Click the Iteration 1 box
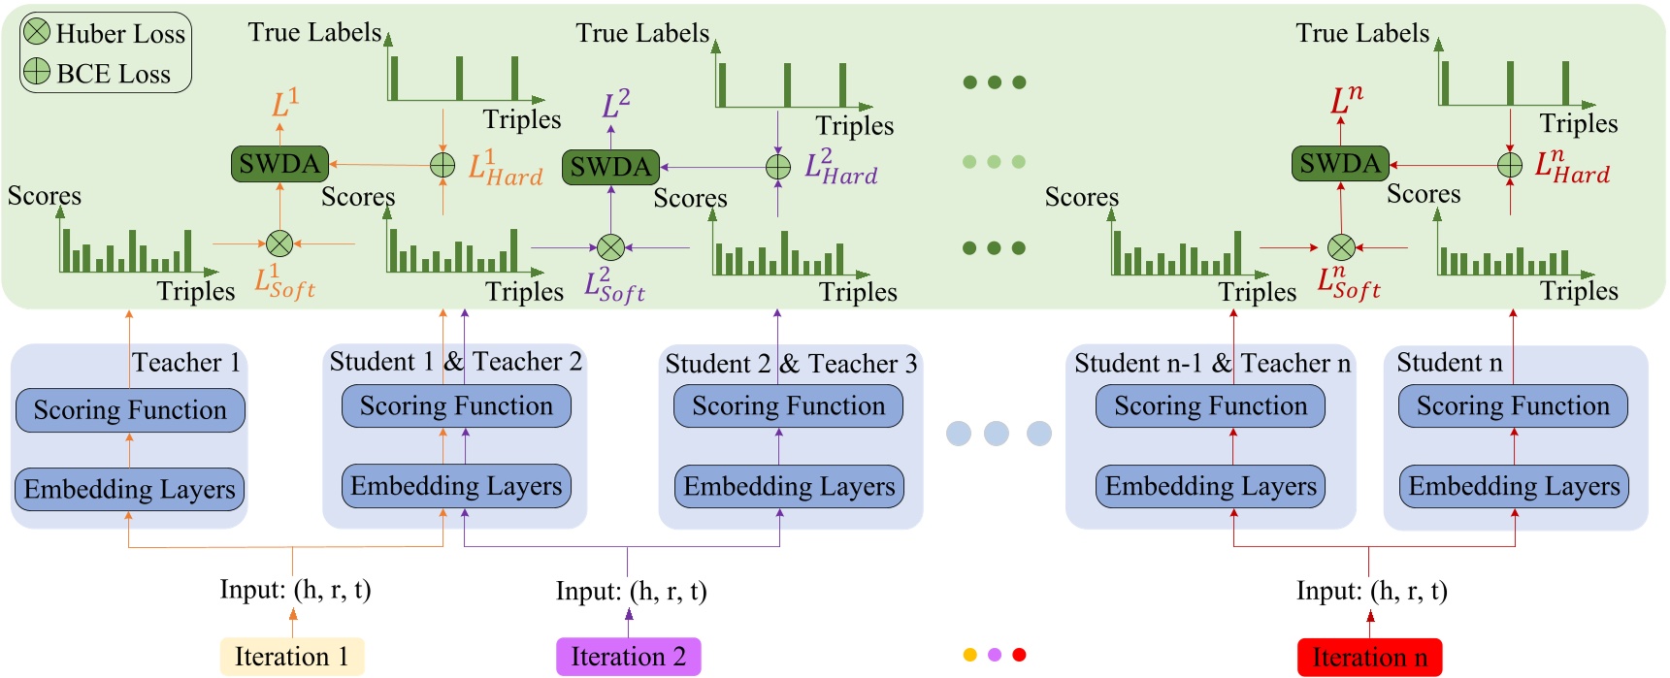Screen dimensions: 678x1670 tap(291, 657)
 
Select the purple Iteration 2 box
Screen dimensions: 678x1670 tap(628, 657)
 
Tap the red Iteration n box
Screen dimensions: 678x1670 tap(1369, 658)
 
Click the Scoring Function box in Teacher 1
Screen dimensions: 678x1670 tap(130, 410)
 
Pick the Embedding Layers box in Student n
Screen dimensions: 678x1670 tap(1514, 487)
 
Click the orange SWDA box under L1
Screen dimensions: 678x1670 tap(279, 164)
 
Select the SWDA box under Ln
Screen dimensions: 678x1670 tap(1339, 164)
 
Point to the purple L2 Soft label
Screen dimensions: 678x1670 tap(614, 286)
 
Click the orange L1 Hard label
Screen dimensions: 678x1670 tap(505, 168)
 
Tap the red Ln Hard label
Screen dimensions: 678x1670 tap(1571, 167)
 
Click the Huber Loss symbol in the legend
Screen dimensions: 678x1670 tap(37, 32)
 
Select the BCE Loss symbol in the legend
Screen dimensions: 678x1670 tap(37, 72)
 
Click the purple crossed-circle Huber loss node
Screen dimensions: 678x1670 tap(610, 247)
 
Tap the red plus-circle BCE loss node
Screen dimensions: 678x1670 tap(1510, 165)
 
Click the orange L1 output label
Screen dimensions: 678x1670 tap(284, 103)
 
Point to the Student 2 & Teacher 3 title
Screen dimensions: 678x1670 tap(791, 364)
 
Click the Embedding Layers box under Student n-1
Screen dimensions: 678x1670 tap(1210, 487)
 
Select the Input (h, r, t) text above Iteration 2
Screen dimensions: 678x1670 tap(631, 591)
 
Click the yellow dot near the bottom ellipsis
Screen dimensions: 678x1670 tap(969, 655)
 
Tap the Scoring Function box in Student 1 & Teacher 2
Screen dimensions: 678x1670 tap(456, 406)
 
